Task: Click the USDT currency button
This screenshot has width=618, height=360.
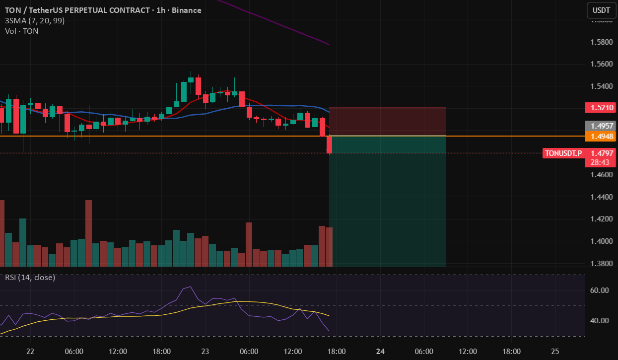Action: click(602, 10)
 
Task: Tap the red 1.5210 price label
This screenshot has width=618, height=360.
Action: click(600, 107)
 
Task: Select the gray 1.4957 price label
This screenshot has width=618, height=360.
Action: click(600, 126)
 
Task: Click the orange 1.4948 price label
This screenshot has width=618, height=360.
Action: click(600, 136)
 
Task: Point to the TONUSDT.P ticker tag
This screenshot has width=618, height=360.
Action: click(563, 153)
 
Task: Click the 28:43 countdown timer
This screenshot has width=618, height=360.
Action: click(600, 162)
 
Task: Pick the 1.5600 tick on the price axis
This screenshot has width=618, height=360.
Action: click(600, 64)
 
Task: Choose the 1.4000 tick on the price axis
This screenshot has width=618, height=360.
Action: click(600, 241)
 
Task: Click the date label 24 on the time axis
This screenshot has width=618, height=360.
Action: click(381, 352)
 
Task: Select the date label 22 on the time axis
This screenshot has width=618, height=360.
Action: click(30, 352)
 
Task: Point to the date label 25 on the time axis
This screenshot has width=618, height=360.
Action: click(555, 352)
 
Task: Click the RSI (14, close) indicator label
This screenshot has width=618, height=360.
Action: click(30, 278)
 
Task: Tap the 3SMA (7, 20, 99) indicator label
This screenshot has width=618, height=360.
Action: click(35, 21)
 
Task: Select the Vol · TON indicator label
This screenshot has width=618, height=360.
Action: click(22, 31)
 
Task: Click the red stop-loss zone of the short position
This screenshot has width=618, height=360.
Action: click(388, 121)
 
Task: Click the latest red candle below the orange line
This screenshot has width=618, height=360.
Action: click(329, 144)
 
